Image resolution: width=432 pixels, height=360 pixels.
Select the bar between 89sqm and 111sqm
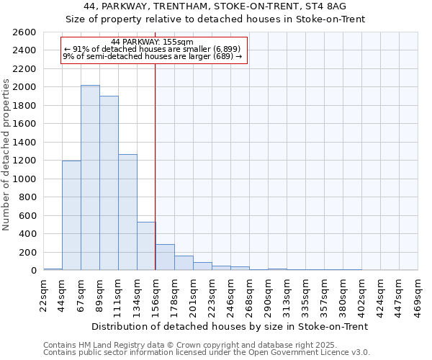click(109, 183)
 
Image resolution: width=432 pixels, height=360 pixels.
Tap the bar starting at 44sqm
click(71, 215)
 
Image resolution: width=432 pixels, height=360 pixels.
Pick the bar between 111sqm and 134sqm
click(127, 212)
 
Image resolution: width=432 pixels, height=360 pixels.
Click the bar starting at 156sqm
click(165, 257)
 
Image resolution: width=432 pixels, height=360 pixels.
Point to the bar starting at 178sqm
click(184, 263)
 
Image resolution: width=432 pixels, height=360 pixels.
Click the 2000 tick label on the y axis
click(24, 87)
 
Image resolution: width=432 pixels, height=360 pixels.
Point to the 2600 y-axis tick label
click(24, 32)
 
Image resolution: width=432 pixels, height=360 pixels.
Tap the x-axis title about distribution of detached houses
click(230, 326)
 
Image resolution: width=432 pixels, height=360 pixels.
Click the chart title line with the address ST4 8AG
click(225, 6)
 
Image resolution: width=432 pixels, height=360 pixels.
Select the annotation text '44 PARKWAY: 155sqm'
click(153, 42)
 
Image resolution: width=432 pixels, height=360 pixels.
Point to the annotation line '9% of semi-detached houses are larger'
click(153, 55)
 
